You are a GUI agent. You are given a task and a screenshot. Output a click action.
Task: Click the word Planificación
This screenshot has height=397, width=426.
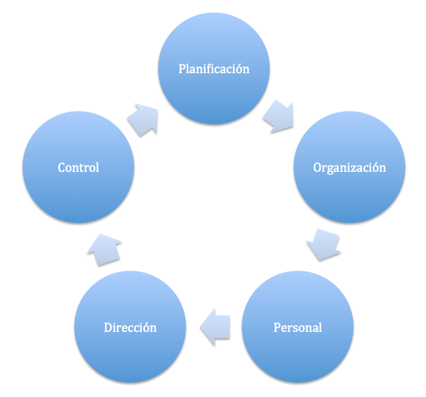tap(214, 68)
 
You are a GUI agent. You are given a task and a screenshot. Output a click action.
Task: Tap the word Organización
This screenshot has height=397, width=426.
tap(349, 167)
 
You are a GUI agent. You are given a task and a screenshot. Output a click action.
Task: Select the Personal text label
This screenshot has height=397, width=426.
tap(297, 327)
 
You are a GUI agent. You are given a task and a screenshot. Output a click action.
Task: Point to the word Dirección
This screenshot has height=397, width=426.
tap(130, 327)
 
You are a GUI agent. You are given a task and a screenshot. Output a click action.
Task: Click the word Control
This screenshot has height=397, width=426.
tap(78, 167)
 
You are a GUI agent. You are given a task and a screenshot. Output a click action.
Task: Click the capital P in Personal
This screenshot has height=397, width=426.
tap(277, 327)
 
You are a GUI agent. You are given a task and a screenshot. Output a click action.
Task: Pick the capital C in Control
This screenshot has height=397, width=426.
tap(62, 167)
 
